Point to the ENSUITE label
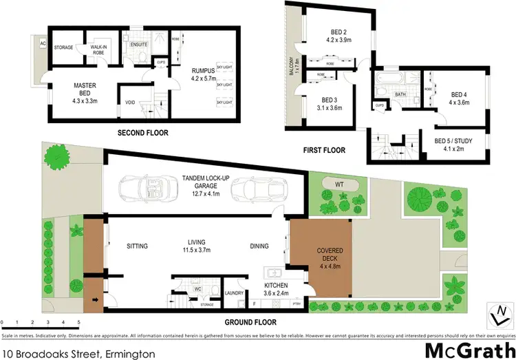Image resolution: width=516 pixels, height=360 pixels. coord(140,45)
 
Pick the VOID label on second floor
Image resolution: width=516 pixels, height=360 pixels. coord(129,103)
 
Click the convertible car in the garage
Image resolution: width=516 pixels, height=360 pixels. coord(145,188)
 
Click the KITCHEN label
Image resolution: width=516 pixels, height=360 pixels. coord(275,285)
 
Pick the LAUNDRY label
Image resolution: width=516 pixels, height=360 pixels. coord(235,293)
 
